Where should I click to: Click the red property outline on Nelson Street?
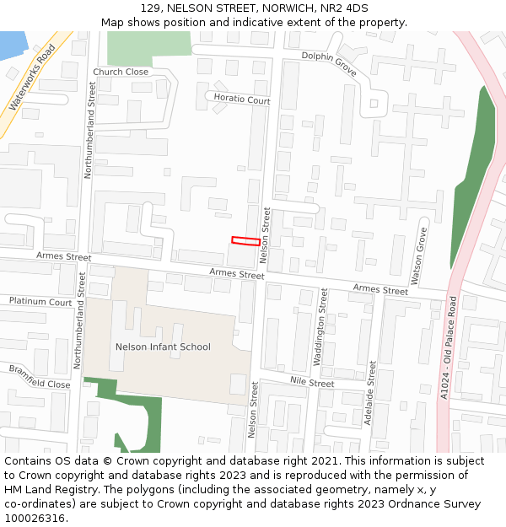(245, 241)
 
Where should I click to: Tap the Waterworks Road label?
(32, 78)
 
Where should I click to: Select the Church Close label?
(121, 72)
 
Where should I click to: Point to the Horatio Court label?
(242, 99)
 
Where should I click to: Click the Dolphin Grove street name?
(329, 62)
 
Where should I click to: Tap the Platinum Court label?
(40, 301)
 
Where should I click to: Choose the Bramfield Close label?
(40, 376)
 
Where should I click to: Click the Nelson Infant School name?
(163, 347)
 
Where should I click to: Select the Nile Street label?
(312, 383)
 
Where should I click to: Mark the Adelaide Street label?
(372, 391)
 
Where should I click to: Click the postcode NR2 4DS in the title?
(343, 8)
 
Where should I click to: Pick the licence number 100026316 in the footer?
(33, 518)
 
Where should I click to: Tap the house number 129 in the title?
(151, 8)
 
